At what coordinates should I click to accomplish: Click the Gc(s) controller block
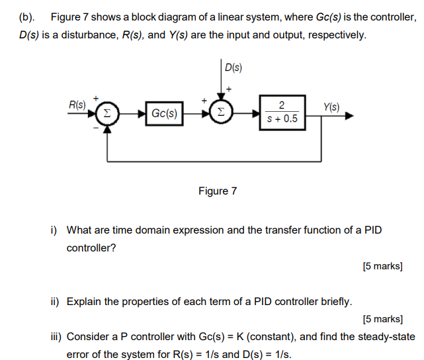164,113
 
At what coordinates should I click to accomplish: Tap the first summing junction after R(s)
108,113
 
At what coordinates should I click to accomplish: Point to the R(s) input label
77,105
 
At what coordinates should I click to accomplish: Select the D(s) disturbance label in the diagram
233,67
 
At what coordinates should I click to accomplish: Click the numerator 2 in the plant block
282,106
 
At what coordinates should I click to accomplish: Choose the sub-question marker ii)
55,302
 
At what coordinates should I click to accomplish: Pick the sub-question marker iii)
56,336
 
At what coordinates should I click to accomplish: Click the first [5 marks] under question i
382,266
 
